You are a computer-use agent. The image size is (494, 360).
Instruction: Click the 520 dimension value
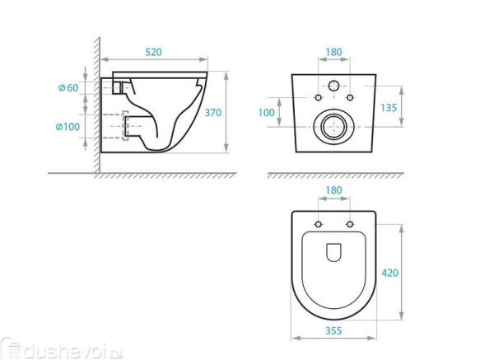coord(154,52)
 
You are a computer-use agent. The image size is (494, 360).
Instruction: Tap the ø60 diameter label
coord(68,88)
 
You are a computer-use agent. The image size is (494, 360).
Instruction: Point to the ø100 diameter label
coord(67,127)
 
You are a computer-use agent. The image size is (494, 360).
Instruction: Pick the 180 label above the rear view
coord(333,52)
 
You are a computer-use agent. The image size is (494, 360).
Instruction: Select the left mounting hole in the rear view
coord(318,99)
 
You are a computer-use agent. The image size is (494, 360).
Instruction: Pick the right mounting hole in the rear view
coord(350,99)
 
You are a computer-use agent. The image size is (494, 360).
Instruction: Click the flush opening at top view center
coord(334,254)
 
